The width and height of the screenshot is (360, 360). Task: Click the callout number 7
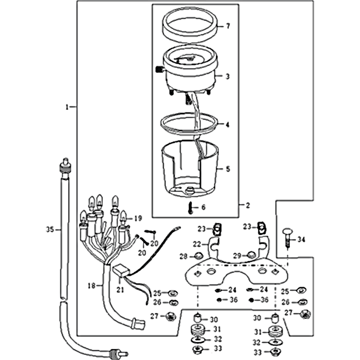228,27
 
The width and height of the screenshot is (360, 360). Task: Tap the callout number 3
228,77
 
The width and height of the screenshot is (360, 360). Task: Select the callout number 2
247,205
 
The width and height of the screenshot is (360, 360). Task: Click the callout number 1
67,107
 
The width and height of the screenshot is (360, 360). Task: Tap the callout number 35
49,229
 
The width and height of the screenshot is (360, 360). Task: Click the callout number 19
138,218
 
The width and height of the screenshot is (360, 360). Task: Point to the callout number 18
91,285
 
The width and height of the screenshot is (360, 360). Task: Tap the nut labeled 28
197,257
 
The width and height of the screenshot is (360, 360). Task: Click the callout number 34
301,240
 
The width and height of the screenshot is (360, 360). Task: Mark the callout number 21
120,291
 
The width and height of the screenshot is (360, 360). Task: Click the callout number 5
228,170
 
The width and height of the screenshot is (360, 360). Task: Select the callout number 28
183,256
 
